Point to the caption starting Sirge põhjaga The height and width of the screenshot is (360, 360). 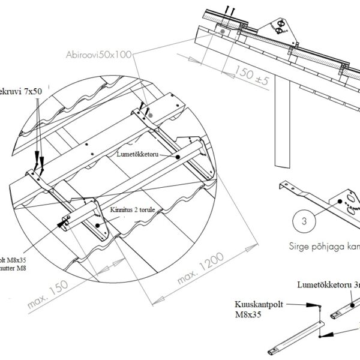pos(324,246)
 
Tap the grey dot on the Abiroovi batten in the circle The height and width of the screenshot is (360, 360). pos(152,114)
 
